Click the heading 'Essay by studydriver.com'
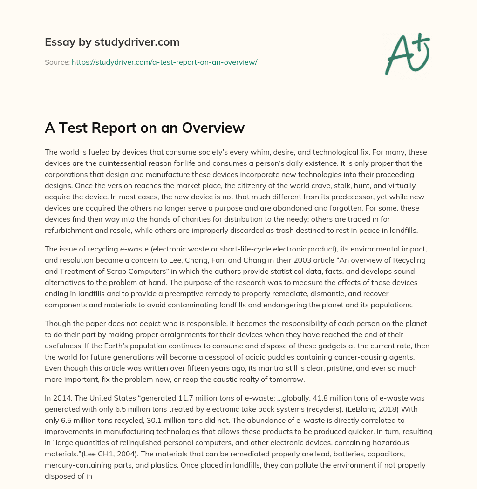pos(112,42)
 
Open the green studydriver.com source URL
pos(164,62)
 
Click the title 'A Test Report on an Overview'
pos(144,128)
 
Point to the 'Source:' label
pos(57,62)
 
